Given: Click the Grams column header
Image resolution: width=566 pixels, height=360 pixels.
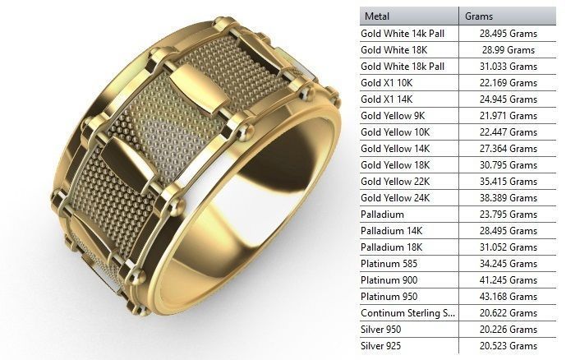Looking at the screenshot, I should [481, 16].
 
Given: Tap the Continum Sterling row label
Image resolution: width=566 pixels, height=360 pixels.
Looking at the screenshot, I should [407, 313].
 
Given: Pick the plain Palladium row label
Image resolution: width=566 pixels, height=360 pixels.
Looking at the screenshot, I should [383, 215].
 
